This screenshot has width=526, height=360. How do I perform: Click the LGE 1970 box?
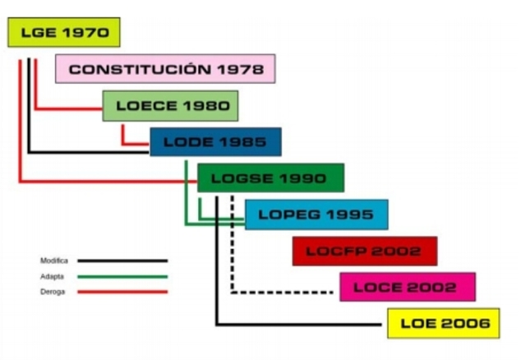coord(64,33)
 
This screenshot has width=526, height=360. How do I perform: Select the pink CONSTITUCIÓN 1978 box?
coord(165,69)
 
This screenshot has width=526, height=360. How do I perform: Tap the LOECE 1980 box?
coord(170,106)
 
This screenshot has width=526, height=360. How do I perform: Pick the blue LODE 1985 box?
coord(215,142)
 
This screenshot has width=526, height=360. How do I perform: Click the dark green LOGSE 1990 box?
coord(270,178)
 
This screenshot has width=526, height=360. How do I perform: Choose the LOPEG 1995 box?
coord(316,215)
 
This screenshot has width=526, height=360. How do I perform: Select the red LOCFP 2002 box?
coord(364,251)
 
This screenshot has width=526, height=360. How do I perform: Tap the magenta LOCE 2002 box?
coord(408,287)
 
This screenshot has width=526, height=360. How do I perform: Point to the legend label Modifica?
coord(54,261)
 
